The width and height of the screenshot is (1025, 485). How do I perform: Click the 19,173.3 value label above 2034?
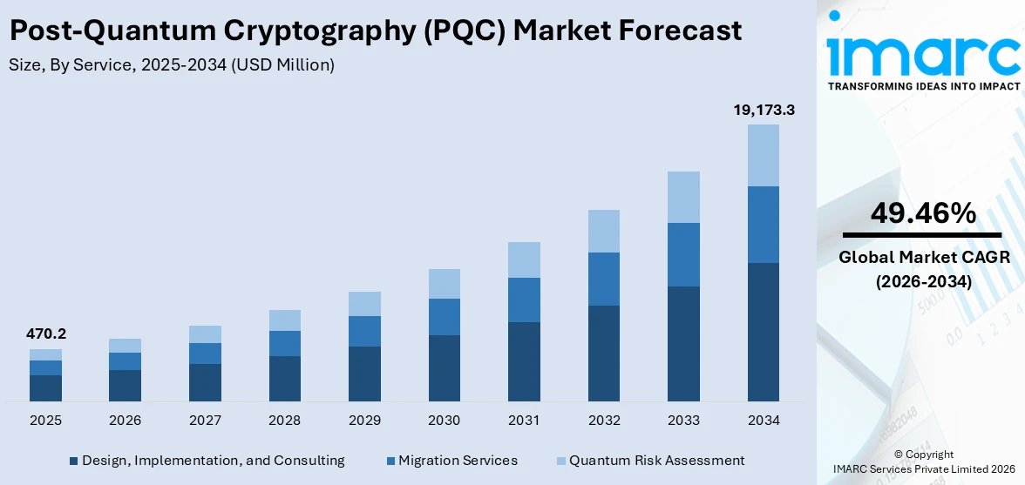coord(763,111)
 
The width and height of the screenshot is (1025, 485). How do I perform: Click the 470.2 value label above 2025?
coord(45,333)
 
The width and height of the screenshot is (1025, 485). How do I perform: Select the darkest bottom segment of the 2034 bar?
coord(763,332)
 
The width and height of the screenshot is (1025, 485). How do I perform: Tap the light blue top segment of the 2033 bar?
coord(683,197)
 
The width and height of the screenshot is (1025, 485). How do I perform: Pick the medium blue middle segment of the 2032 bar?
coord(603,279)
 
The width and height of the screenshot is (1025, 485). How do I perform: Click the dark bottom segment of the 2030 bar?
coord(444,368)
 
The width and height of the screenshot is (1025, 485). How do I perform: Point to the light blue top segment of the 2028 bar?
coord(284,320)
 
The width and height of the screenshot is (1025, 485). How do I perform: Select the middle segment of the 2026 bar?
coord(125,361)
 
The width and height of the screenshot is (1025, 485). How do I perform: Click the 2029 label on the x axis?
coord(364,421)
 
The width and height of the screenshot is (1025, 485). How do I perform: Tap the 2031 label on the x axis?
coord(524,421)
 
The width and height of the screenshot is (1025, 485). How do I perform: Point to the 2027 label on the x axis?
coord(205,421)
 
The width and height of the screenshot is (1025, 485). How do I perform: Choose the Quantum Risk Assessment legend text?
coord(656,460)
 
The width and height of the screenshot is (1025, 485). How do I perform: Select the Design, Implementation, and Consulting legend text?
coord(213,460)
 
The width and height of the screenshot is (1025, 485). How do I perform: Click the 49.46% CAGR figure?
coord(923,212)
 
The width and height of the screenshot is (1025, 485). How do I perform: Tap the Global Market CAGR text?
coord(923,258)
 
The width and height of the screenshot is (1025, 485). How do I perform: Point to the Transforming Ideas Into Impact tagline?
coord(923,86)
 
